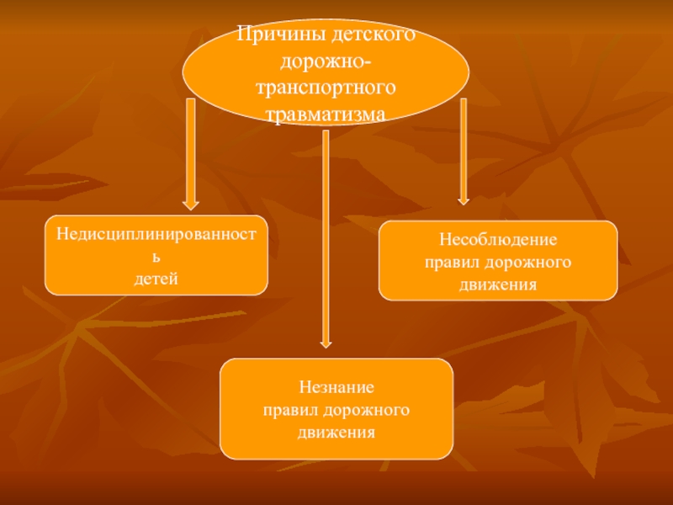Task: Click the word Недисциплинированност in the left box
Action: (x=156, y=230)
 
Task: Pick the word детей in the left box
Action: (x=156, y=277)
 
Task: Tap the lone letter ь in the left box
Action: (x=156, y=253)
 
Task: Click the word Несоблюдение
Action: (x=498, y=240)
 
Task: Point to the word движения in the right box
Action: (x=498, y=284)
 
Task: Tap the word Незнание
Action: (x=336, y=388)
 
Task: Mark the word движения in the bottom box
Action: (x=336, y=432)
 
